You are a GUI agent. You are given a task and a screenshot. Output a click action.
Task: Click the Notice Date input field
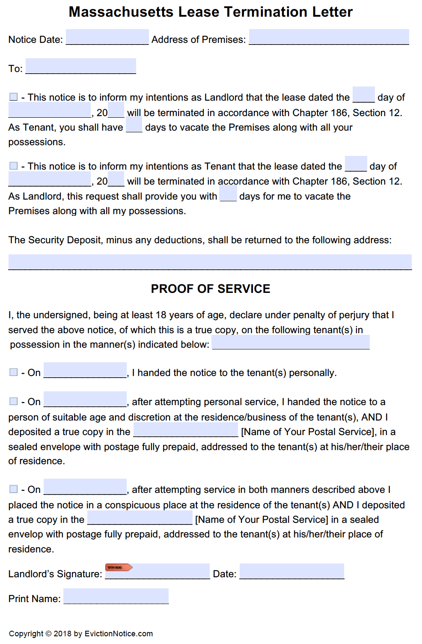point(107,37)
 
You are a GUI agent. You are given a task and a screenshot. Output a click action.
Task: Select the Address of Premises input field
point(329,37)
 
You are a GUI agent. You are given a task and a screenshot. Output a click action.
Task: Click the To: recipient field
point(80,66)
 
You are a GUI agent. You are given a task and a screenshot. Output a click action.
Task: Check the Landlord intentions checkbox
point(14,97)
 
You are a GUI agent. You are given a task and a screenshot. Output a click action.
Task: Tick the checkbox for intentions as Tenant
point(14,166)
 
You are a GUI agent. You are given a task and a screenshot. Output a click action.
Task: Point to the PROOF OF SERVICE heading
point(211,289)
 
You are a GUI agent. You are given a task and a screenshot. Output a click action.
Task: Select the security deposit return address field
point(210,262)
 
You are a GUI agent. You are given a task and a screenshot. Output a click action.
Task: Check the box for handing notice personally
point(14,373)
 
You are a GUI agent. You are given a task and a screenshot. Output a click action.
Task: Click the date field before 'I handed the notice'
point(85,370)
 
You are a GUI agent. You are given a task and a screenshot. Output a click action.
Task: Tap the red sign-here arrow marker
point(119,567)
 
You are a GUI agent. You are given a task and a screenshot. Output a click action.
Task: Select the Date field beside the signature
point(291,571)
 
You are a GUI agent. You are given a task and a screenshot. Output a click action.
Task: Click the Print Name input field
point(116,596)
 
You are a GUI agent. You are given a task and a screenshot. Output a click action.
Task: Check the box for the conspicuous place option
point(14,489)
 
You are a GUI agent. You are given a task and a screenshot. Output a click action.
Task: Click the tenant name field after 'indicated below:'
point(291,342)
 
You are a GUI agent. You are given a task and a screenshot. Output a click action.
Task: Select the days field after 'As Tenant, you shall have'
point(134,125)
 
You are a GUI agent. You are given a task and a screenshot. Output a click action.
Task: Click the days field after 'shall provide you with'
point(228,194)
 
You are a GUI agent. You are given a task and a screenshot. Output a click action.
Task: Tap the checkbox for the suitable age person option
point(14,401)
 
